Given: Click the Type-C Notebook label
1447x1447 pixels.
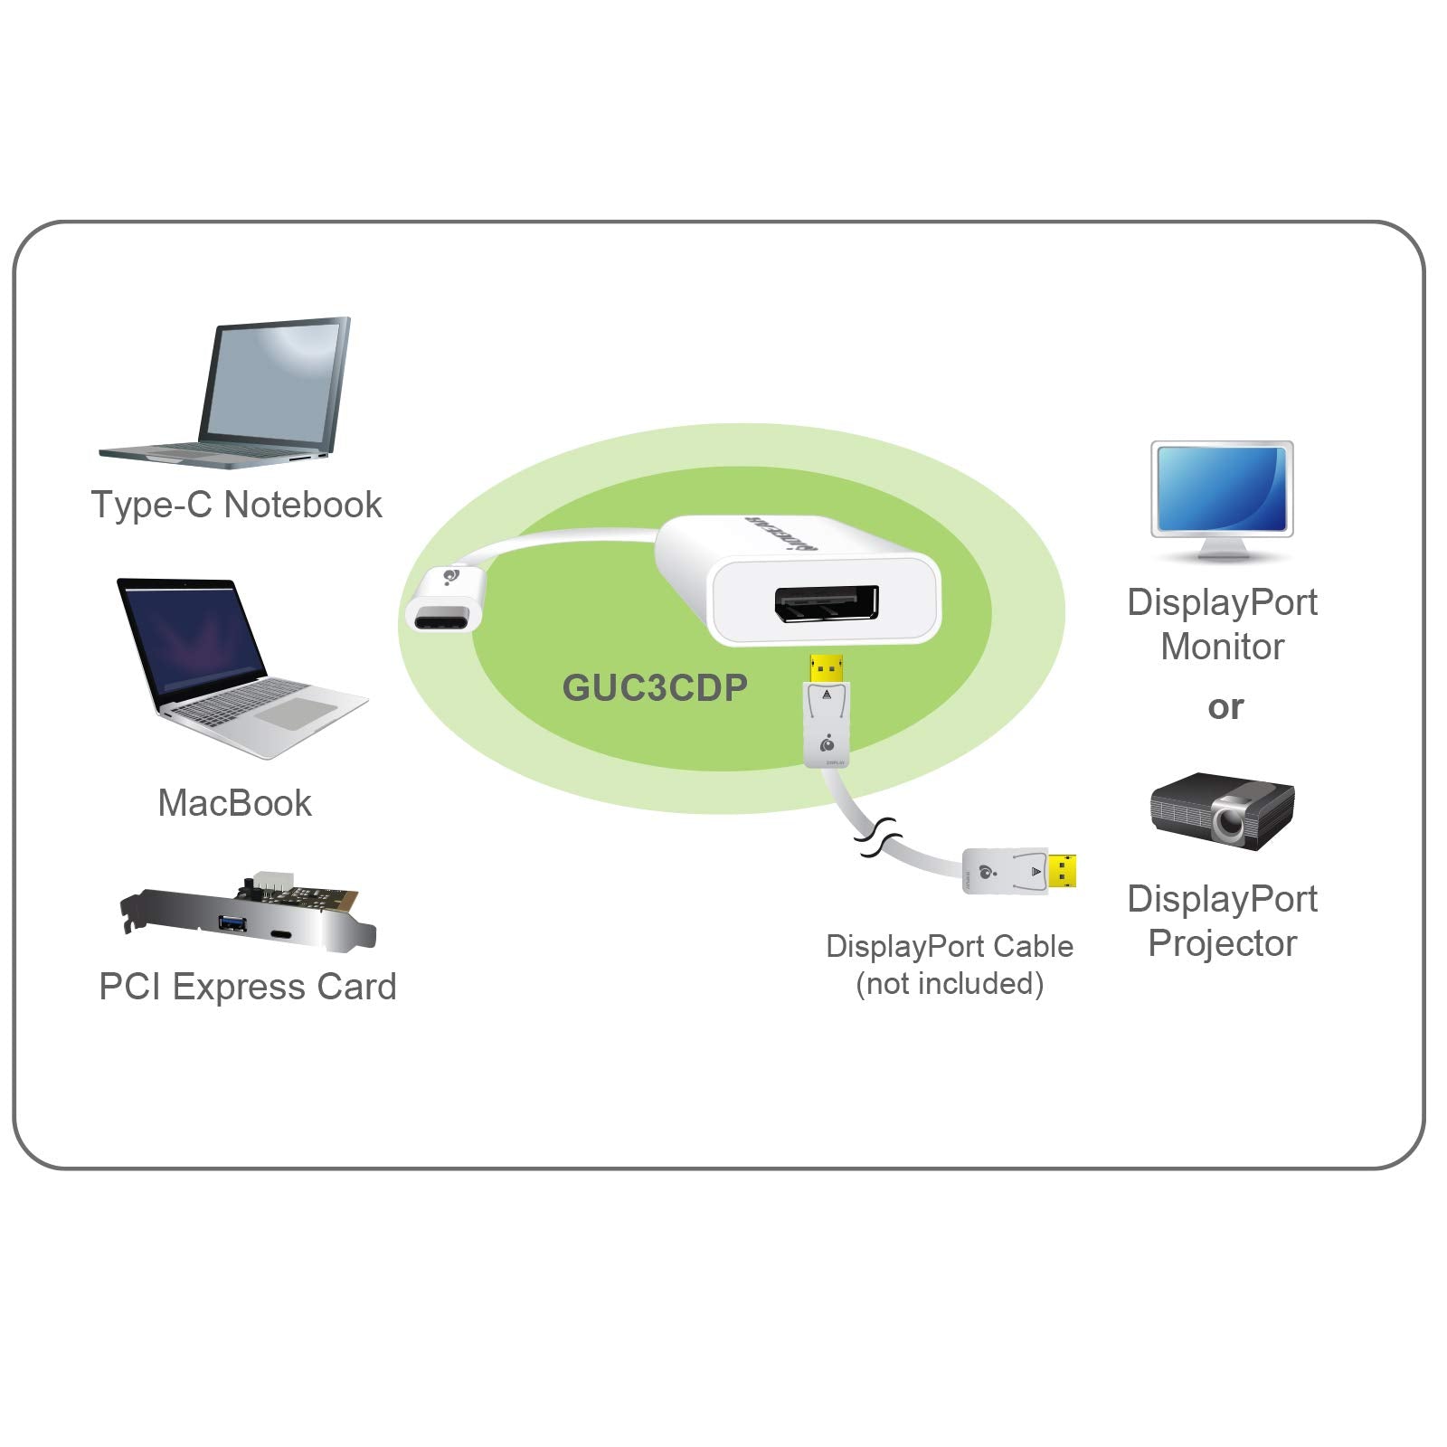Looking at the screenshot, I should click(x=236, y=505).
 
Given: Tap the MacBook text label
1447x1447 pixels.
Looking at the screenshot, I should click(x=234, y=803).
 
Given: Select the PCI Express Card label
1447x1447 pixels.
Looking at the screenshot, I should click(x=247, y=987).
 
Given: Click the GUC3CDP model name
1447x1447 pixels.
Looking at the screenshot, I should click(x=655, y=688).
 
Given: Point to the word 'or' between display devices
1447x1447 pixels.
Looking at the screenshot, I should click(x=1225, y=707).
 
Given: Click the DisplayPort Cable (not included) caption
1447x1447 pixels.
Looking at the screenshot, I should click(x=949, y=965).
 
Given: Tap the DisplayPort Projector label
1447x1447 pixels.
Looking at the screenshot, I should click(x=1222, y=921).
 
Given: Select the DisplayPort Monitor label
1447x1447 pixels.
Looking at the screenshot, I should click(x=1222, y=624).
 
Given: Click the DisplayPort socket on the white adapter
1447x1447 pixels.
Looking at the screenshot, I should click(x=826, y=604).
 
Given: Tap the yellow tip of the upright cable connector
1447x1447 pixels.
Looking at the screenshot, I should click(x=826, y=668).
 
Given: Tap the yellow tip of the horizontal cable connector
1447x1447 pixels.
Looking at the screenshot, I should click(x=1062, y=870).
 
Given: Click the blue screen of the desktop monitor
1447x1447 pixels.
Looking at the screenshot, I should click(x=1222, y=487).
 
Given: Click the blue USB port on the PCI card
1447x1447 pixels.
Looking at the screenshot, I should click(x=232, y=923).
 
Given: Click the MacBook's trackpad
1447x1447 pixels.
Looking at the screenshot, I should click(x=293, y=714).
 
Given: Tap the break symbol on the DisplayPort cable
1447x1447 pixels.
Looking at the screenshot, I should click(x=876, y=838).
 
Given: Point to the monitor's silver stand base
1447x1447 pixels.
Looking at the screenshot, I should click(x=1221, y=553).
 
